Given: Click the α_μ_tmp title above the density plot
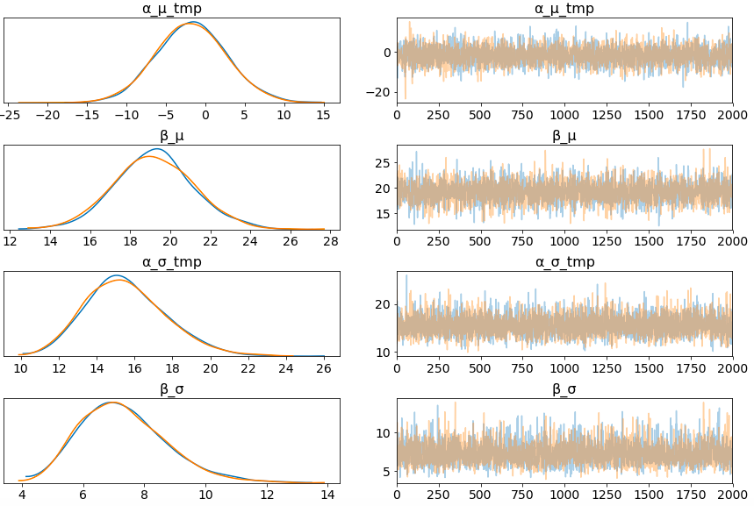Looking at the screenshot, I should pos(173,9).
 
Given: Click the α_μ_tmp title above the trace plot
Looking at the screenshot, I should pos(564,9).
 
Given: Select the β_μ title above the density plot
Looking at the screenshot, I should pos(173,136).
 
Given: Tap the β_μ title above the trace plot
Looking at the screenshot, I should pos(564,136).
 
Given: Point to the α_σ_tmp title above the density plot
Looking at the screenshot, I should pos(173,262).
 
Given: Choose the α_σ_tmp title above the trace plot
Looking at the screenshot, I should pos(564,262).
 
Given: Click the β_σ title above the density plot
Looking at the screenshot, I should pos(173,389).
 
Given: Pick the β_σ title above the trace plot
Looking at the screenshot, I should pos(564,389).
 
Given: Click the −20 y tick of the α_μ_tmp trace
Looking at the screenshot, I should pos(379,92).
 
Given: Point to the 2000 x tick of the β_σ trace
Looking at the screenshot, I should pos(732,495).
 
